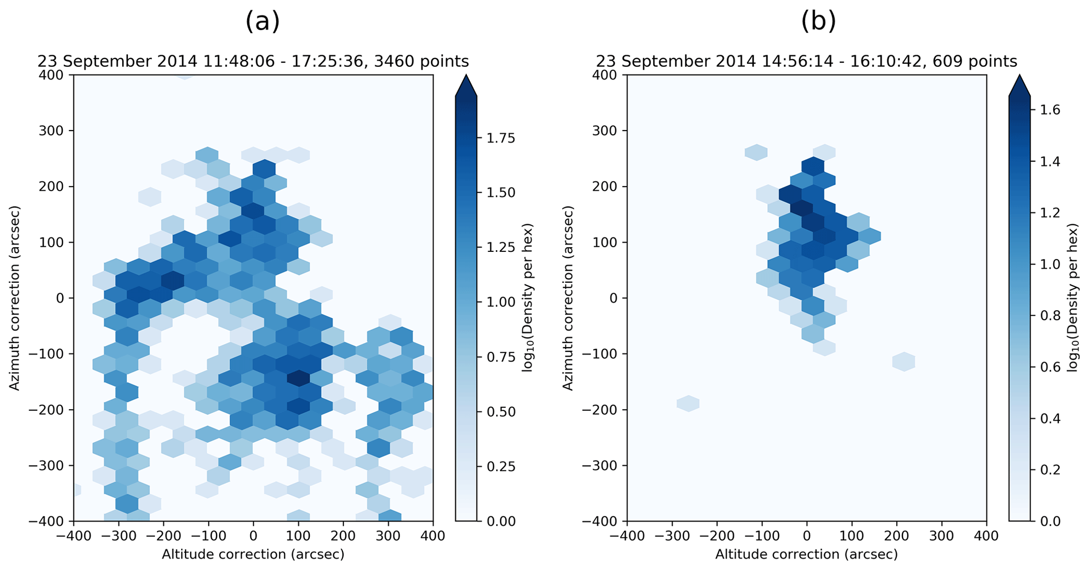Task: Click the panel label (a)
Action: pyautogui.click(x=262, y=22)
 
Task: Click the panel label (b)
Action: pyautogui.click(x=818, y=22)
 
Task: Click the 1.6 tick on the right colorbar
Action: pyautogui.click(x=1048, y=110)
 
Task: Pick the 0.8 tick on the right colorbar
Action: pyautogui.click(x=1048, y=316)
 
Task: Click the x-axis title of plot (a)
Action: pyautogui.click(x=253, y=554)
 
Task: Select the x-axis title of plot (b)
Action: pyautogui.click(x=806, y=554)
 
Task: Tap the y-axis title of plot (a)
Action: pyautogui.click(x=15, y=298)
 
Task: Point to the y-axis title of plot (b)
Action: pyautogui.click(x=567, y=298)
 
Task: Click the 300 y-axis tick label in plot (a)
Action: pyautogui.click(x=51, y=131)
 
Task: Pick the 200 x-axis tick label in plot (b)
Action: pyautogui.click(x=897, y=536)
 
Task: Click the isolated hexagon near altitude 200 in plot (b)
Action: pyautogui.click(x=904, y=362)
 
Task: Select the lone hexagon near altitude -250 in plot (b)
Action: pyautogui.click(x=688, y=404)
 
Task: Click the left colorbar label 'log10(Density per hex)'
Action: pyautogui.click(x=528, y=298)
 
